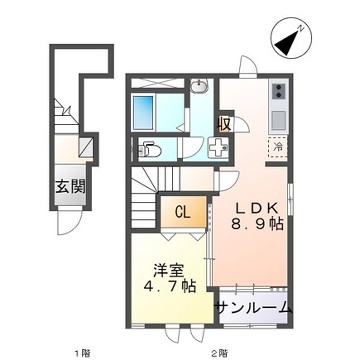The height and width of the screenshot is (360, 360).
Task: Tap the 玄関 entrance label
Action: [x=70, y=185]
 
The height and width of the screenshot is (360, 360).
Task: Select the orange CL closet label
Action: [x=183, y=212]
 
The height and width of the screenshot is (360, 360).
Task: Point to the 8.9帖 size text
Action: [x=259, y=226]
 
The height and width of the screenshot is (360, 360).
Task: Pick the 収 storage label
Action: [x=226, y=125]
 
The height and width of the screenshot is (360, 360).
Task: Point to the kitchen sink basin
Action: [x=277, y=120]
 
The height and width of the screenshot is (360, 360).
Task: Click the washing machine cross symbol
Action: [x=220, y=148]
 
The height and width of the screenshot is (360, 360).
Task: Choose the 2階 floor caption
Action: [x=219, y=353]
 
